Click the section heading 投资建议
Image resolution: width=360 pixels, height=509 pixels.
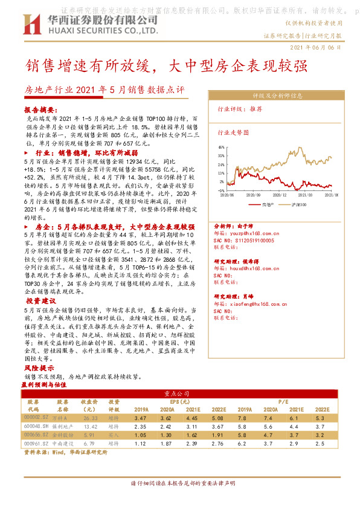point(40,300)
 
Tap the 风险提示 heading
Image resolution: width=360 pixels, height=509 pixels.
point(39,367)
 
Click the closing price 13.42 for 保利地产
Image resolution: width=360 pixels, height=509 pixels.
point(90,427)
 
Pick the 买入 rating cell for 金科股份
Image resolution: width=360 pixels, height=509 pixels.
point(114,435)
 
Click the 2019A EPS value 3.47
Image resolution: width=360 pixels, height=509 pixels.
point(141,417)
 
